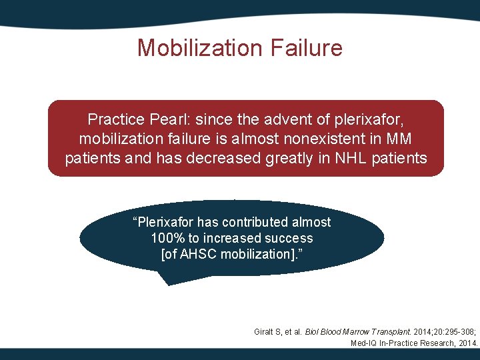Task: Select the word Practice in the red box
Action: (115, 120)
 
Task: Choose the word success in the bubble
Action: (288, 238)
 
